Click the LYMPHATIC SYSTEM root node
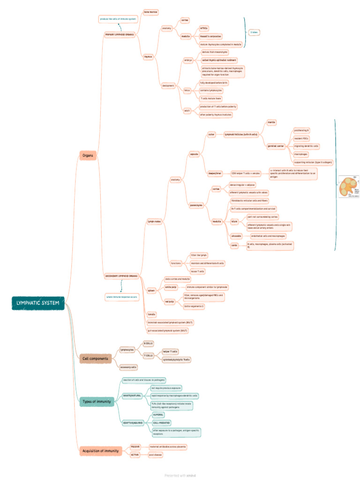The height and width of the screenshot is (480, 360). coord(38,303)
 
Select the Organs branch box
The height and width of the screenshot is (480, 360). coord(88,156)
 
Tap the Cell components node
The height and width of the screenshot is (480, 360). coord(95,359)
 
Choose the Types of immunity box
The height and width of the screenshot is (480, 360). coord(97,401)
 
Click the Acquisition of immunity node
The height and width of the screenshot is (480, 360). coord(101,450)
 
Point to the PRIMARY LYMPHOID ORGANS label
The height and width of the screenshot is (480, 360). coord(119,35)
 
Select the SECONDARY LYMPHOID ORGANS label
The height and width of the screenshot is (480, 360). coord(121,276)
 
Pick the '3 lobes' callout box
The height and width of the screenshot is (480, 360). coord(254,32)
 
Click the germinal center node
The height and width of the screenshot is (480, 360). coord(276,146)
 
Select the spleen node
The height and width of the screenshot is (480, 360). coord(151,291)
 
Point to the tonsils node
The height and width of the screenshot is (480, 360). coord(151,314)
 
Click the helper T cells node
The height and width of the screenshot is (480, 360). coord(170,351)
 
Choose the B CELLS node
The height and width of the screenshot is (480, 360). coord(148,344)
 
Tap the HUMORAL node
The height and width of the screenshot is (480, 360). coord(158,415)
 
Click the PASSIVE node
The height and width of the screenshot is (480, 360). coord(135,447)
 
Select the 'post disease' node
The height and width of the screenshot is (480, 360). coord(155,455)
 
